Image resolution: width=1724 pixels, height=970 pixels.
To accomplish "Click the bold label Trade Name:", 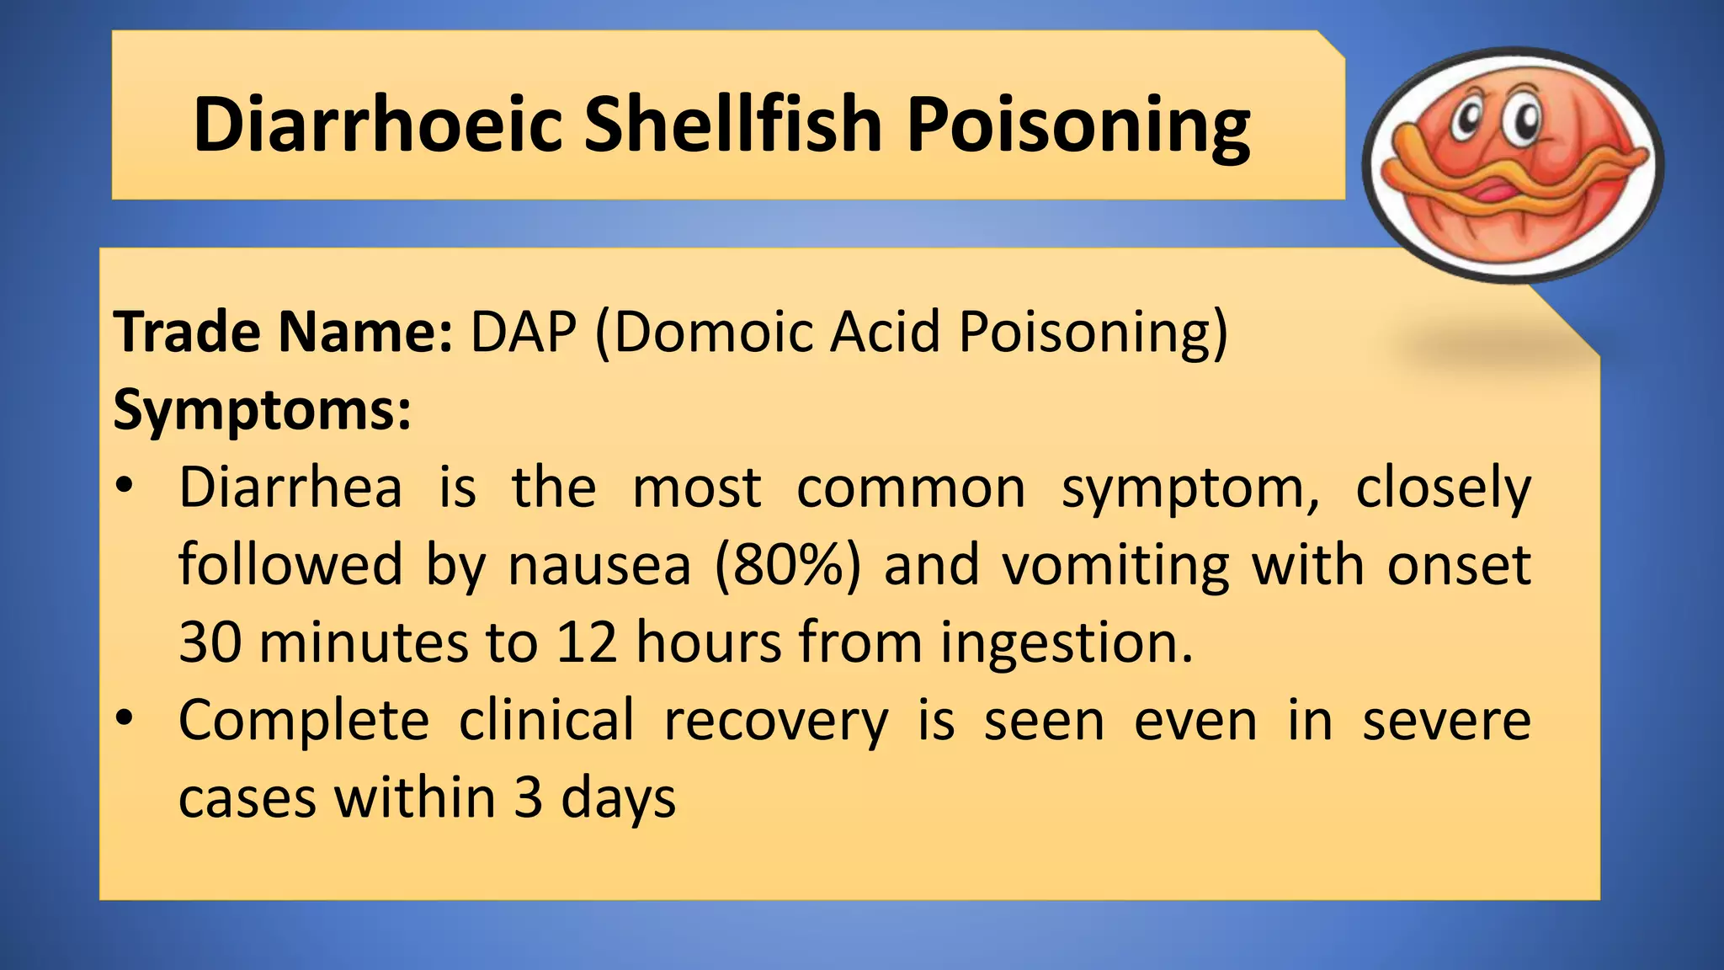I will [x=283, y=333].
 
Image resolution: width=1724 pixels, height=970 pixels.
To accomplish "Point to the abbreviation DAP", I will [x=523, y=333].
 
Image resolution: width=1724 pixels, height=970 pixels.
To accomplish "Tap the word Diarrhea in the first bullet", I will [x=290, y=488].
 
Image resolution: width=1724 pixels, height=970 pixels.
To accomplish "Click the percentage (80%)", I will [x=788, y=566].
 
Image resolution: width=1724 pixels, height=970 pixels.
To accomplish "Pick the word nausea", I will [x=599, y=566].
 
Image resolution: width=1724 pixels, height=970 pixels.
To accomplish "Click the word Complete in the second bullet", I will [x=304, y=721].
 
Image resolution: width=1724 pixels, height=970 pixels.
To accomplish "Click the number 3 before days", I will [x=528, y=798].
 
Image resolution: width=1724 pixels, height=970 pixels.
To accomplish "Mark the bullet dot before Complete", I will [x=125, y=718].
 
